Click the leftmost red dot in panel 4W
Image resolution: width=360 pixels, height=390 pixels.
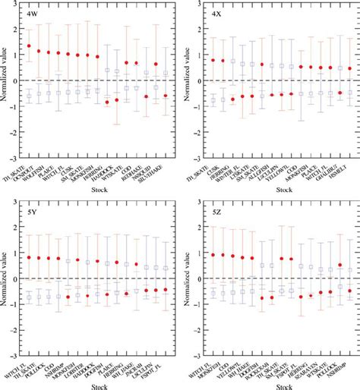[x=29, y=46]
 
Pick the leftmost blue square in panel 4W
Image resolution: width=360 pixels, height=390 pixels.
[x=29, y=96]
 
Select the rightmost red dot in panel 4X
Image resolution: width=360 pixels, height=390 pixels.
[x=349, y=69]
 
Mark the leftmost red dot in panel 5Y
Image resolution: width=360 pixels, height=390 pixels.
[x=29, y=258]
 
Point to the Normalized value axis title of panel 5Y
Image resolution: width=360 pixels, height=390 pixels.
[x=5, y=278]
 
